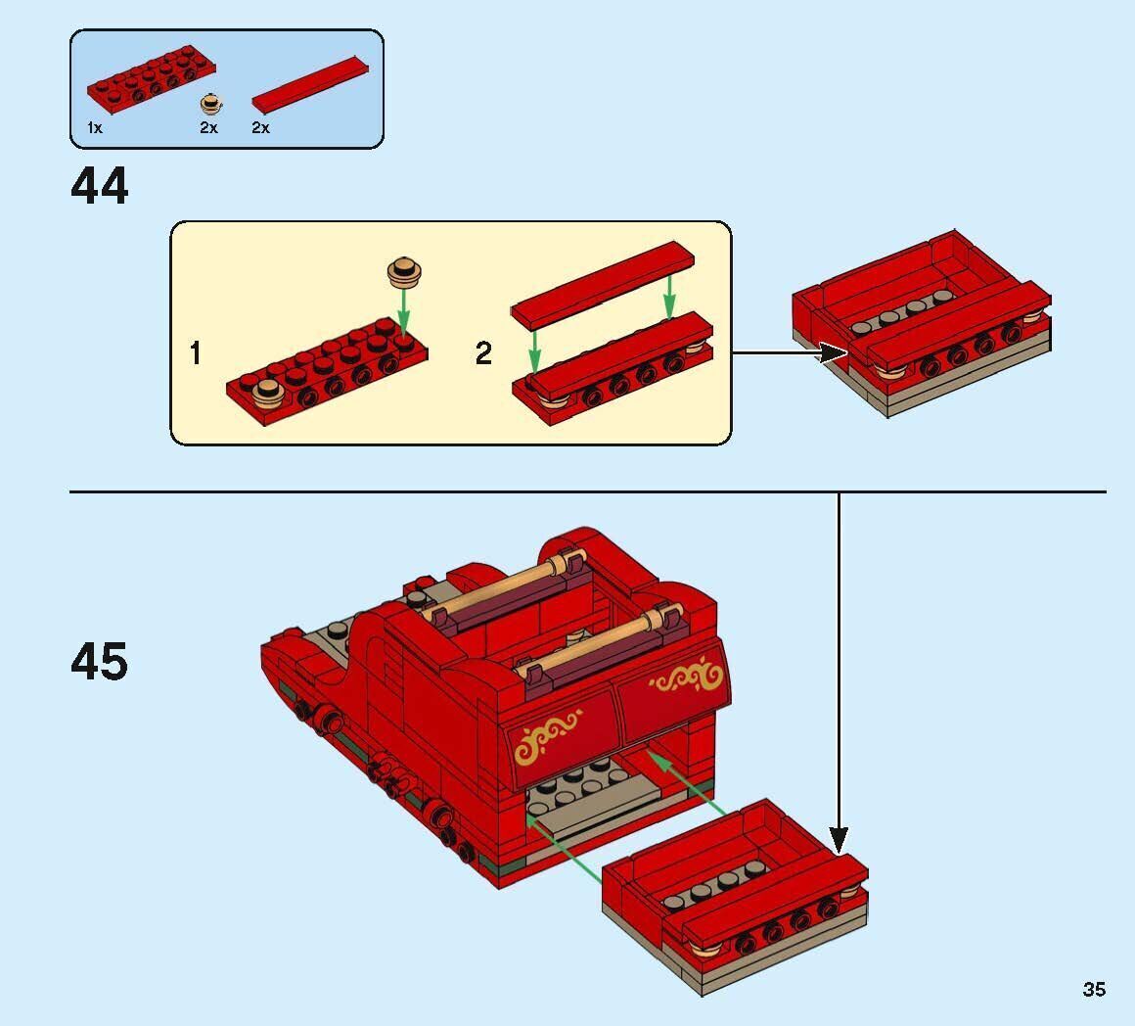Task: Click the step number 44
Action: coord(99,186)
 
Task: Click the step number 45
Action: coord(99,663)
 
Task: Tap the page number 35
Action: coord(1093,989)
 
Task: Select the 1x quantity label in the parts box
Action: coord(94,128)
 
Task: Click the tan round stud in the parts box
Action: coord(209,104)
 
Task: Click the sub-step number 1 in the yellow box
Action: coord(196,353)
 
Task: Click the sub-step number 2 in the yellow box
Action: coord(483,353)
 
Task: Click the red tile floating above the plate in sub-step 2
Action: coord(602,284)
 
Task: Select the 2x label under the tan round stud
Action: coord(208,128)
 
